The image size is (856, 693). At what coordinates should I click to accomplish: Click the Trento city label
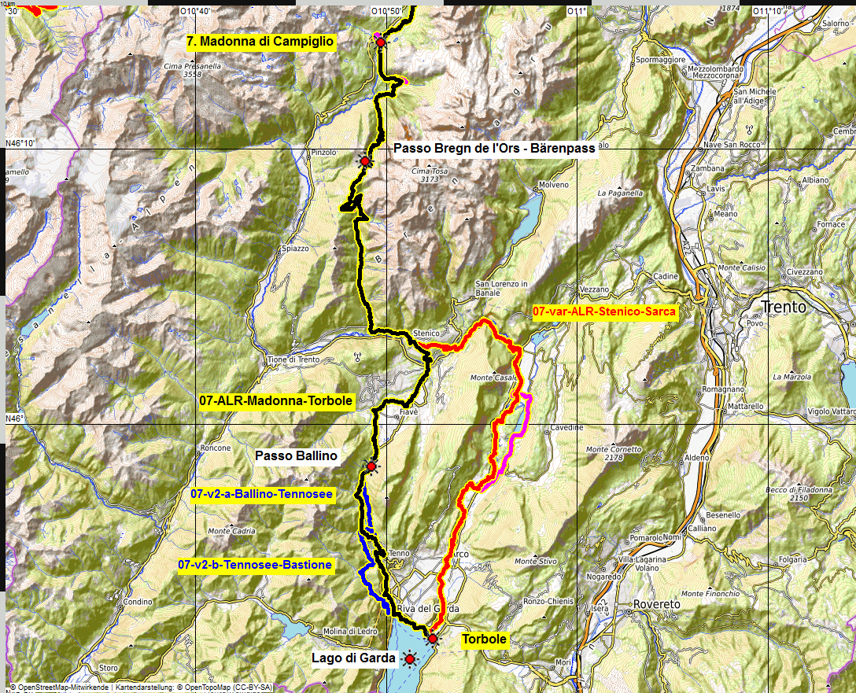tap(784, 307)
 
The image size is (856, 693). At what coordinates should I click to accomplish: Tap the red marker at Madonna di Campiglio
tap(381, 42)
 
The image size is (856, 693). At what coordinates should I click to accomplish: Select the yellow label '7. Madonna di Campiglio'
tap(261, 42)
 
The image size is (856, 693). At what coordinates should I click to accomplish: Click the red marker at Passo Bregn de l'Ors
tap(364, 160)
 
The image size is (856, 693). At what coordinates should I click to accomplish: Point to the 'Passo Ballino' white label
tap(296, 455)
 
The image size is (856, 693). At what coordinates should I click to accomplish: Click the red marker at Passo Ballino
tap(371, 466)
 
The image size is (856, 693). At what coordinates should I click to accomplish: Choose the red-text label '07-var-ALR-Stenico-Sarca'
tap(604, 311)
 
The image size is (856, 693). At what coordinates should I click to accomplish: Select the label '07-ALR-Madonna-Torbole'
tap(276, 401)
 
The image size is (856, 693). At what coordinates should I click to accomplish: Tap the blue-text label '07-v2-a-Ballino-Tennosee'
tap(262, 494)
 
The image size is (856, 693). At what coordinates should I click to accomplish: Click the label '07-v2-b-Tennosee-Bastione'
tap(255, 565)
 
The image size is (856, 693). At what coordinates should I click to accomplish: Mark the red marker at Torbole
tap(432, 639)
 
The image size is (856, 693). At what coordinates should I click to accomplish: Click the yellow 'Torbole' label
tap(484, 640)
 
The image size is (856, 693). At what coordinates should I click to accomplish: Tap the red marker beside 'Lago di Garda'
tap(409, 658)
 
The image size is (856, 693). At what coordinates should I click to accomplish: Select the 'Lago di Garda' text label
tap(353, 658)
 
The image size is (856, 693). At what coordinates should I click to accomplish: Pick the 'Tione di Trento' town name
tap(293, 359)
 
